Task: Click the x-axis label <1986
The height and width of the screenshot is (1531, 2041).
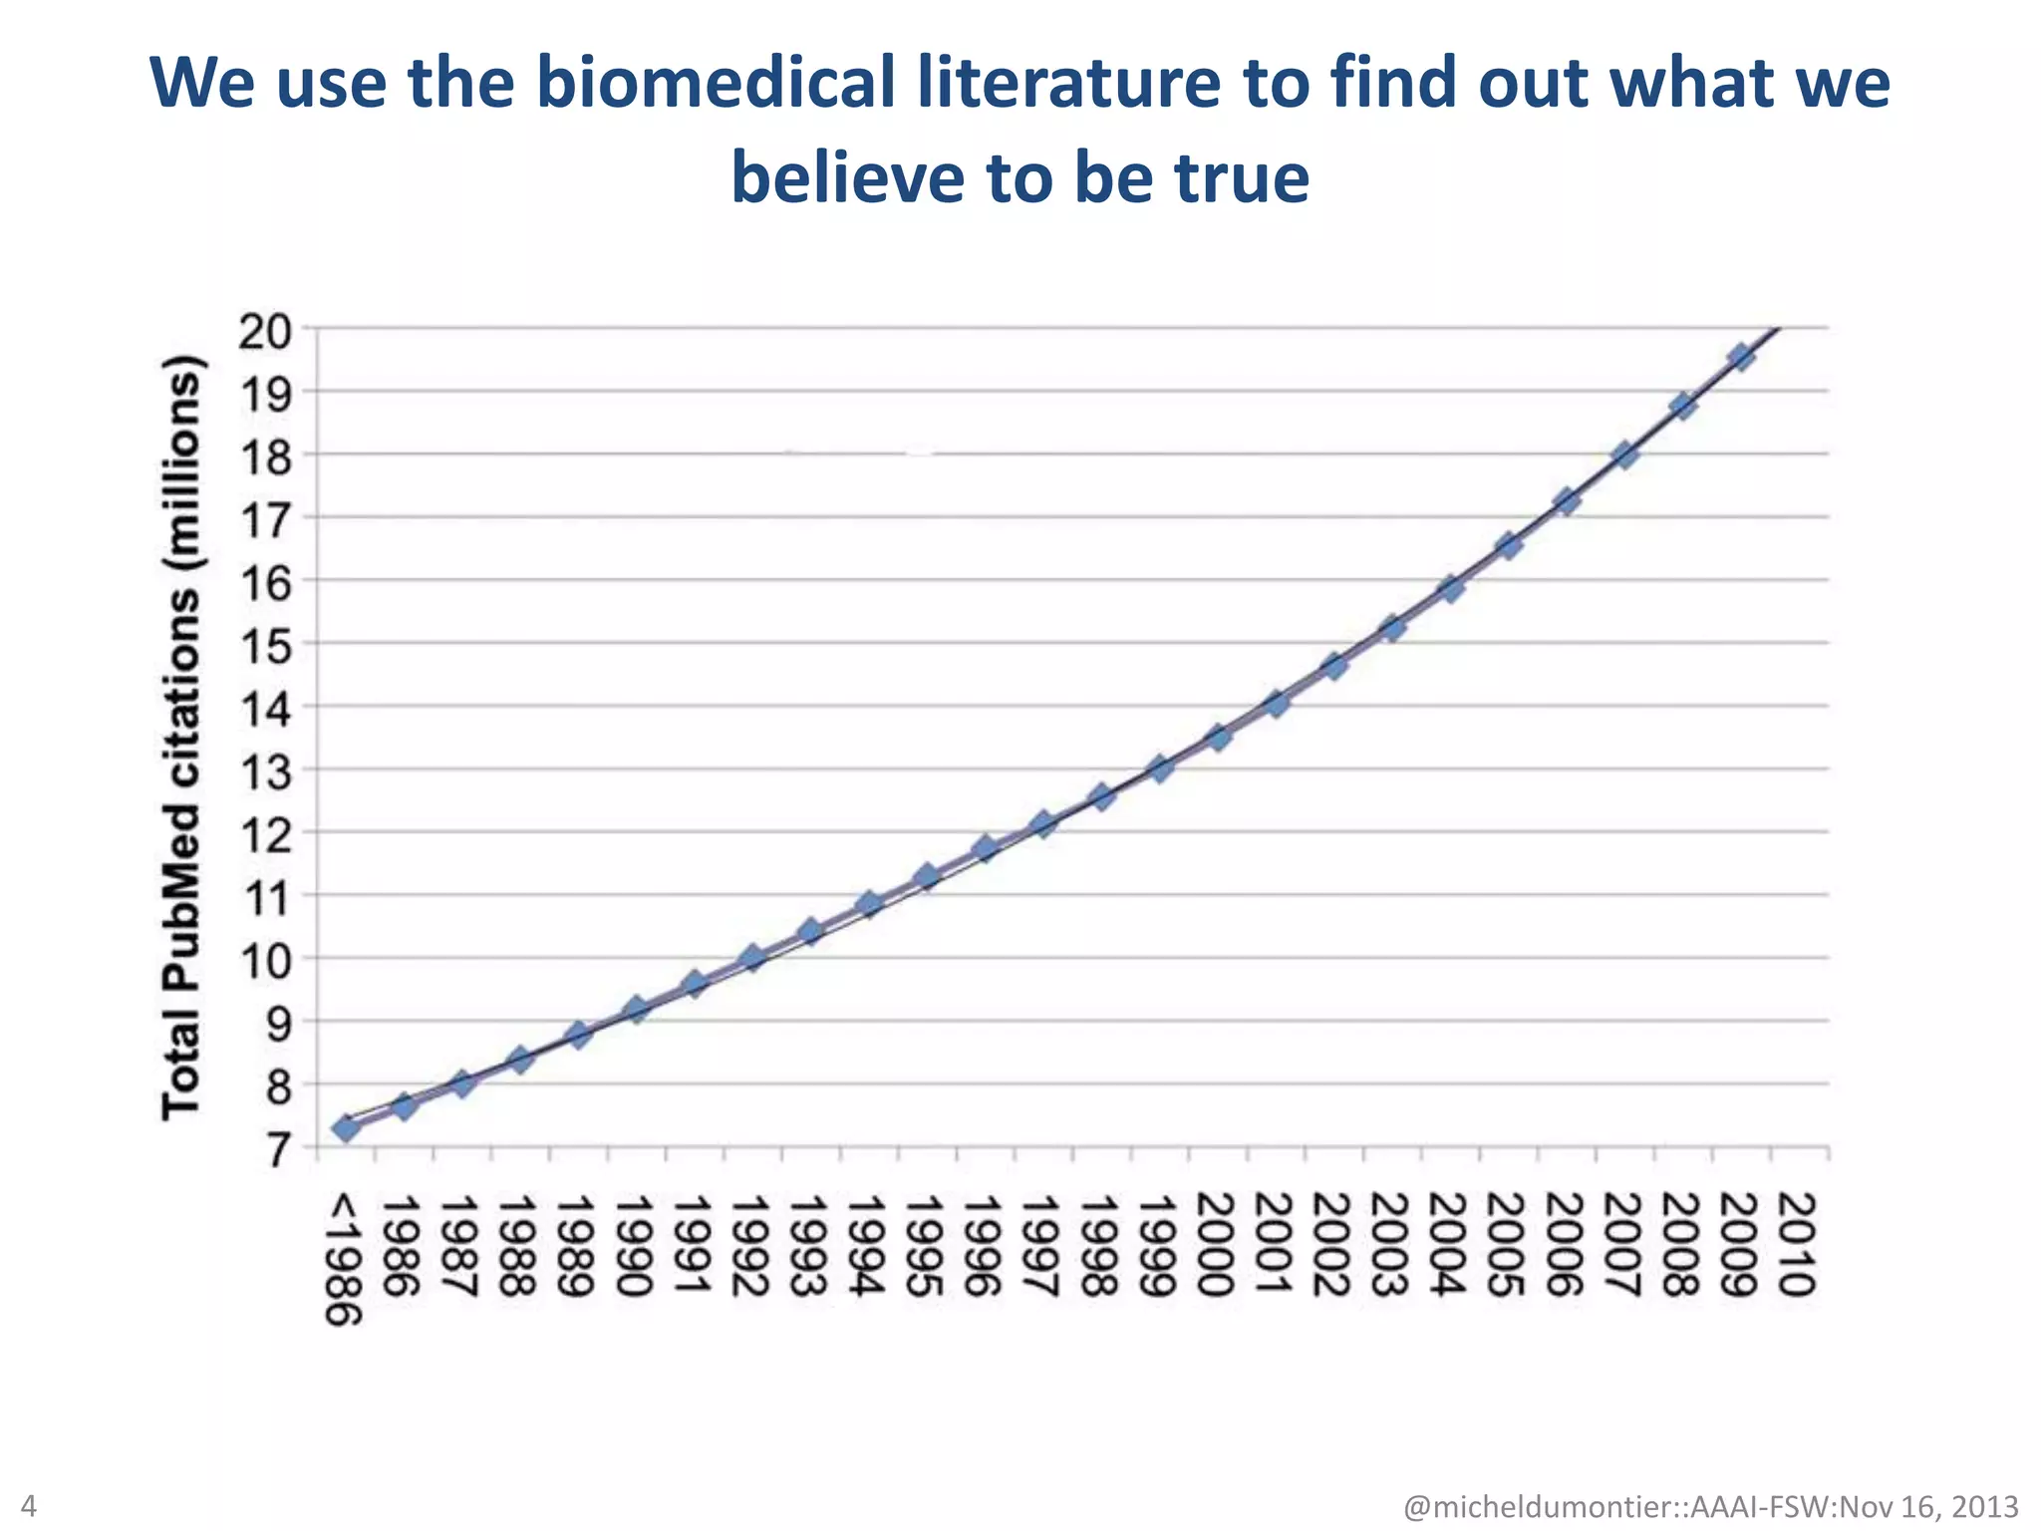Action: pyautogui.click(x=345, y=1261)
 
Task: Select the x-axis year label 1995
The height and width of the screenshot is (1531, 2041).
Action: pyautogui.click(x=927, y=1246)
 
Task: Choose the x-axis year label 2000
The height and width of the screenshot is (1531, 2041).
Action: pyautogui.click(x=1217, y=1246)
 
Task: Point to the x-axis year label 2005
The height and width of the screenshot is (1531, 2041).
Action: pyautogui.click(x=1508, y=1246)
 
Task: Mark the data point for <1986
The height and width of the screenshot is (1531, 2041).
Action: pyautogui.click(x=346, y=1128)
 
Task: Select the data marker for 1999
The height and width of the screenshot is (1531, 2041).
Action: pyautogui.click(x=1160, y=768)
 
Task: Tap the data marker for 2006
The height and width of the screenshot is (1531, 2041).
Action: pyautogui.click(x=1567, y=501)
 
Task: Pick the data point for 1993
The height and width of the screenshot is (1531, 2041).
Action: pyautogui.click(x=811, y=932)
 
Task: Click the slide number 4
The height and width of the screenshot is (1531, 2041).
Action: pyautogui.click(x=29, y=1505)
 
